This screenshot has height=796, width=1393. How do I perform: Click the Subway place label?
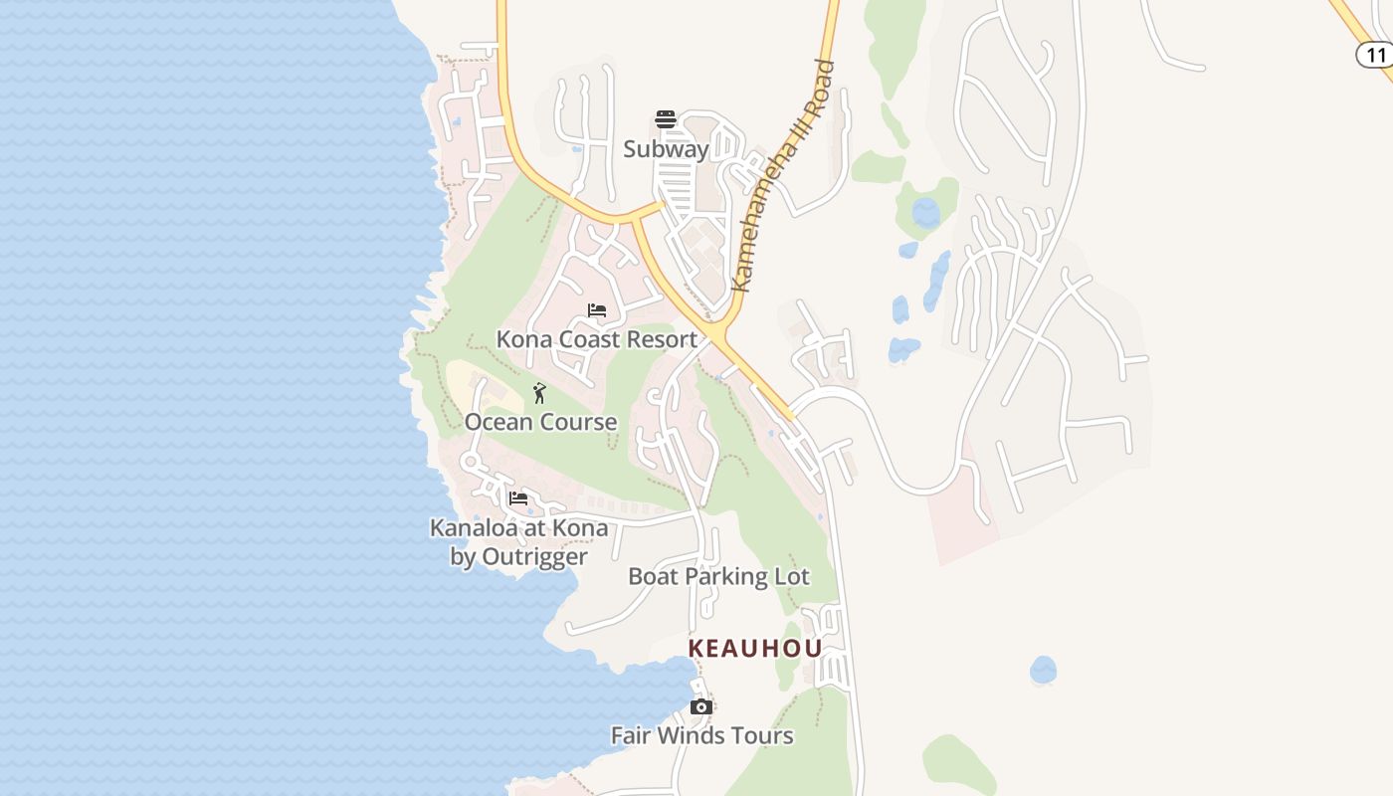666,149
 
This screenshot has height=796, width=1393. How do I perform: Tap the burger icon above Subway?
666,120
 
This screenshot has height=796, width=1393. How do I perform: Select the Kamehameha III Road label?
782,175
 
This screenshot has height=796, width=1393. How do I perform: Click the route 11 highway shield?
1376,54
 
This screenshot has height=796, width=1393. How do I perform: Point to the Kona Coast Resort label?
597,339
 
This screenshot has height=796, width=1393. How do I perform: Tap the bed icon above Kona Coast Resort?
597,310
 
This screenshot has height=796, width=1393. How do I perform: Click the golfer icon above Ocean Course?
540,393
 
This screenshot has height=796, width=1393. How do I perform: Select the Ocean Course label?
540,422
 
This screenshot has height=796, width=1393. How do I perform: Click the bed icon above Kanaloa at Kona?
518,498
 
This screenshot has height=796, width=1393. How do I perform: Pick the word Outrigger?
533,556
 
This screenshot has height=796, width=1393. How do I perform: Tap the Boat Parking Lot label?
718,576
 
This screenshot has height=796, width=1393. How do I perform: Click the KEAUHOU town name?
755,649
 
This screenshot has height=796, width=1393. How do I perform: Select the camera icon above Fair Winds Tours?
701,706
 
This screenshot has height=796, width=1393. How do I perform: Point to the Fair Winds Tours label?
701,735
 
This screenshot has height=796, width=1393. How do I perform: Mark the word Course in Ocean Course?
579,422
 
